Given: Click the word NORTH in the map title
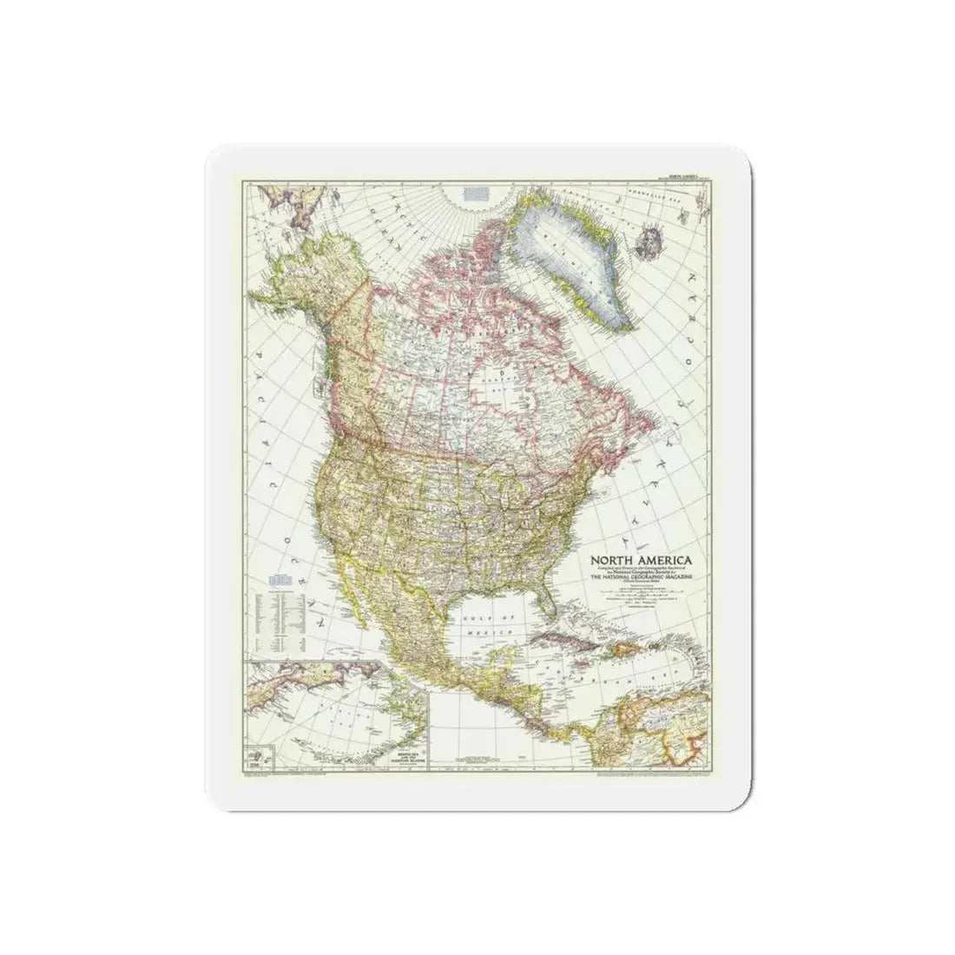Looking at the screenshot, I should point(612,560).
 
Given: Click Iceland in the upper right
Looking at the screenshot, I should point(648,214).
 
